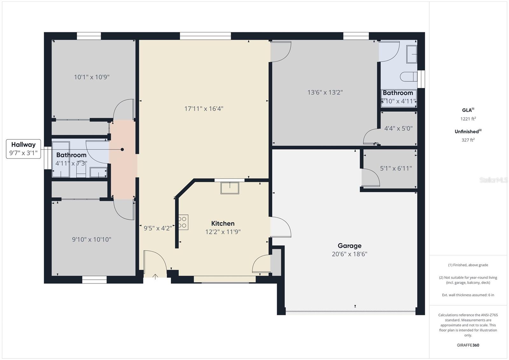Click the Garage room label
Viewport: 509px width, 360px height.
click(x=349, y=246)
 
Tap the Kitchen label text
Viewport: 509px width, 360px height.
click(x=223, y=223)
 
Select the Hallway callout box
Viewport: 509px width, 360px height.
click(x=23, y=149)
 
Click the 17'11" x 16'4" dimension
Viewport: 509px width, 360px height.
click(x=204, y=109)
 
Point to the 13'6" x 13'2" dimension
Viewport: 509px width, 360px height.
click(x=325, y=92)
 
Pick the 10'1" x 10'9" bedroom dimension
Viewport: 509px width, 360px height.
click(x=92, y=77)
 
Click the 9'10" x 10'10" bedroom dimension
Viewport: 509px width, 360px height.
click(x=91, y=239)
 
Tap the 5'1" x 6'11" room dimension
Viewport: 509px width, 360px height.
click(x=396, y=168)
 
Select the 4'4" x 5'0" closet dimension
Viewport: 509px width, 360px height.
click(x=398, y=128)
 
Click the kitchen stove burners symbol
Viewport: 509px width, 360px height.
click(x=183, y=222)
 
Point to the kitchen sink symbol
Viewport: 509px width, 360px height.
click(x=230, y=188)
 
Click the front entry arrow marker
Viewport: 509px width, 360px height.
click(x=155, y=276)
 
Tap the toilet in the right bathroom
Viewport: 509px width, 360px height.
click(x=408, y=77)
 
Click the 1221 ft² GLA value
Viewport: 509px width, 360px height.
click(x=468, y=119)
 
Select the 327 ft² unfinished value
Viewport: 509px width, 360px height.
click(x=468, y=140)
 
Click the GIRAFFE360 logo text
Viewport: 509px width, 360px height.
click(x=468, y=345)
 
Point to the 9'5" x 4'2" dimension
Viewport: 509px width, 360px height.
click(x=157, y=228)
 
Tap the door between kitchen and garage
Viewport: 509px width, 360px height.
click(x=280, y=227)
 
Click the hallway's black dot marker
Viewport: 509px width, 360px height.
click(x=122, y=149)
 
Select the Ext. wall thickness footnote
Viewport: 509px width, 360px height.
click(x=468, y=295)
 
